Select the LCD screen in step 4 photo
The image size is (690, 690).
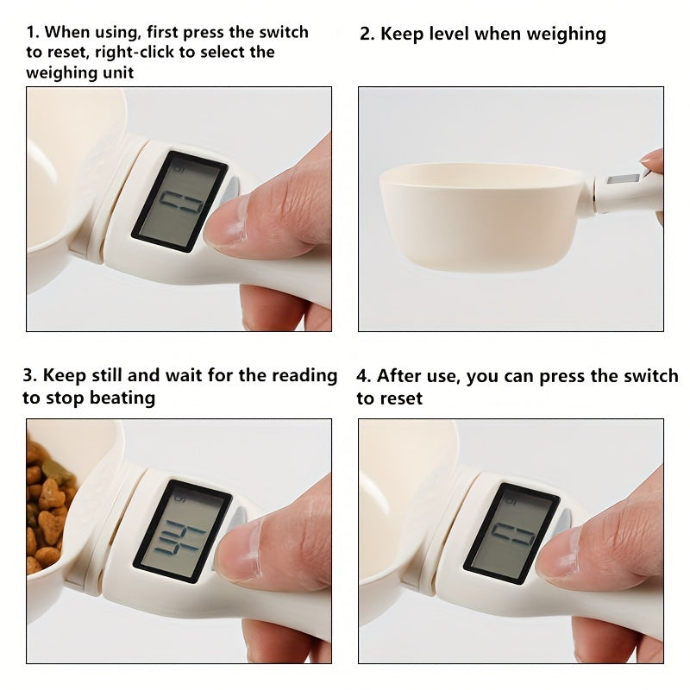pos(511,532)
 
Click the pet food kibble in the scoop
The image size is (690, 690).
pos(47,500)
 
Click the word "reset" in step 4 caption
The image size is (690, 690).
pos(401,398)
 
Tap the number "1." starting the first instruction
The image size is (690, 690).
pos(33,33)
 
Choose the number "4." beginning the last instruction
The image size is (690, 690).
pos(364,376)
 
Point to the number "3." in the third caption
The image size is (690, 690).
pos(30,375)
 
